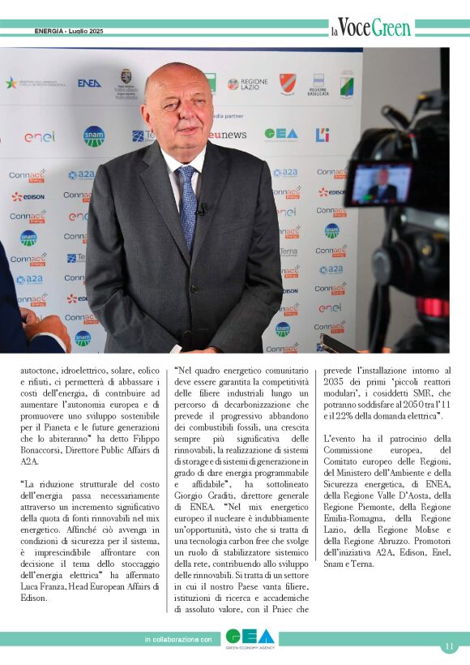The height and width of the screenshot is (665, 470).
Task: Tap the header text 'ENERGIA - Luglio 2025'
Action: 70,32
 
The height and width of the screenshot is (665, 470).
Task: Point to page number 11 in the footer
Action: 449,646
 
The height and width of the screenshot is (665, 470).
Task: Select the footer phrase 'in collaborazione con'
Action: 178,640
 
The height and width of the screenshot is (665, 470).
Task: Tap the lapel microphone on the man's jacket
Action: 201,209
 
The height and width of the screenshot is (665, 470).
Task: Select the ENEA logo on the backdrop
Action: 89,83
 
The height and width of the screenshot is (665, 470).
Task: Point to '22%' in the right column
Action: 357,416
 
